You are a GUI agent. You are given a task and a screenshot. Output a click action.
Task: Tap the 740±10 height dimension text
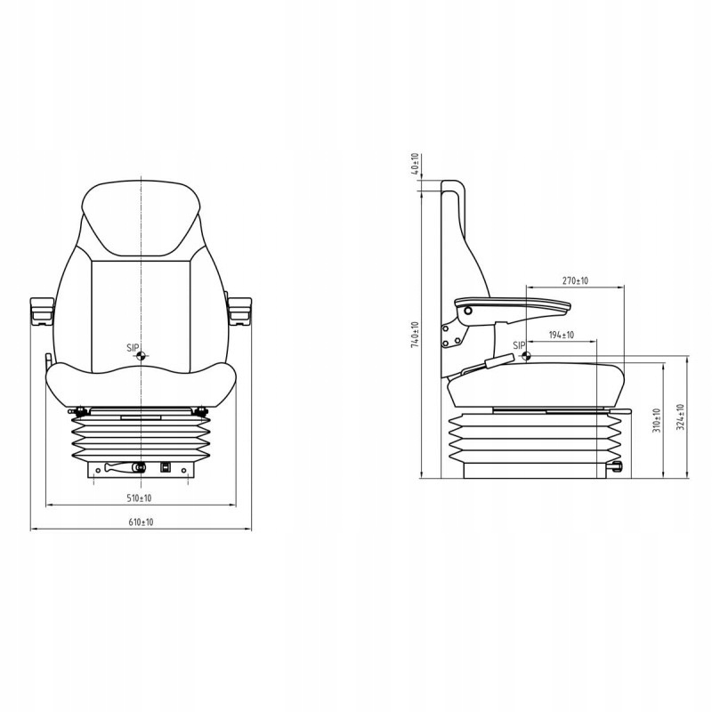coord(416,336)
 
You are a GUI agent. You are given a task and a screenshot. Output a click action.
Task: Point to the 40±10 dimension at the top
coord(416,164)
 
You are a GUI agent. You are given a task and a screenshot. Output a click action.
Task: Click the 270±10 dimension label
coord(575,281)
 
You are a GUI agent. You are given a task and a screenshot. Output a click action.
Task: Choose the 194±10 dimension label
coord(561,336)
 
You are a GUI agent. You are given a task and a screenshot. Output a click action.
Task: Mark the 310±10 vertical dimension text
coord(656,418)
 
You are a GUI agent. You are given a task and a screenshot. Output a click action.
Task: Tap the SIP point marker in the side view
coord(527,357)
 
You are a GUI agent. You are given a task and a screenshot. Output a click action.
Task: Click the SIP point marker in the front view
coord(142,355)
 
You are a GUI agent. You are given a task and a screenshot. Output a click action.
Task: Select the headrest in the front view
coord(141,218)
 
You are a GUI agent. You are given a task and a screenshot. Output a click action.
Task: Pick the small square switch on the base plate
coord(166,466)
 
